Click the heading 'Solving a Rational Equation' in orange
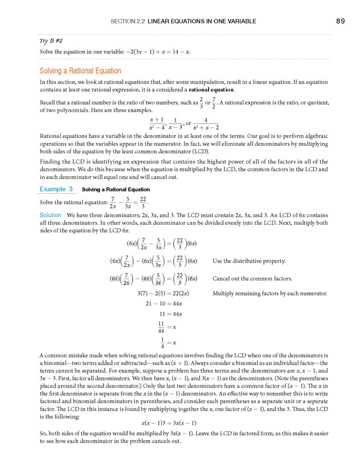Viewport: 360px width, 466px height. coord(80,71)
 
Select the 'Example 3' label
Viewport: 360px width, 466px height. coord(56,189)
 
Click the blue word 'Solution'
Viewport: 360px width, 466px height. coord(50,215)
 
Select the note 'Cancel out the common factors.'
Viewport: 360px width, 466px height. coord(252,279)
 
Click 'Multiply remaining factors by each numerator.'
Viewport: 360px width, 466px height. coord(270,293)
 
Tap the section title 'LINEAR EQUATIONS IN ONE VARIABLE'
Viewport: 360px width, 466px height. coord(202,21)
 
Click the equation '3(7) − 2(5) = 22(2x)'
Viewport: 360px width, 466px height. coord(163,293)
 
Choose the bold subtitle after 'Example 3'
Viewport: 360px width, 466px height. coord(116,189)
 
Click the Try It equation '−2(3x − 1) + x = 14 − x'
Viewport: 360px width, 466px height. coord(143,52)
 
